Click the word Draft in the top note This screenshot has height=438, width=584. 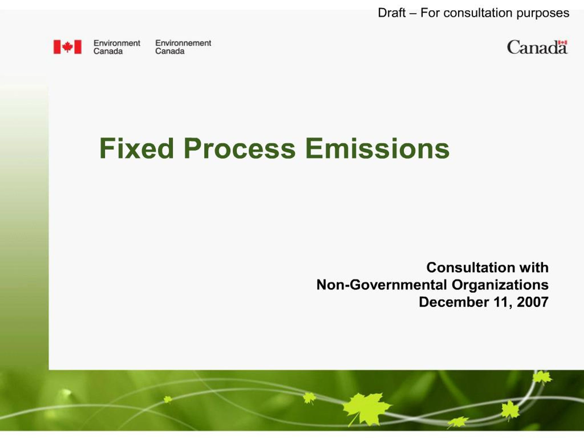391,13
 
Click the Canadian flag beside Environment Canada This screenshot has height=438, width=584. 68,47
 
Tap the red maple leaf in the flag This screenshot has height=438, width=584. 68,47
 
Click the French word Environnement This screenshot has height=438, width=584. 183,43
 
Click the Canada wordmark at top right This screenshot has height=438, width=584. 537,48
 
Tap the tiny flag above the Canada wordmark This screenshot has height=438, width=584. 563,42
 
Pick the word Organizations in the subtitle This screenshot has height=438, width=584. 500,285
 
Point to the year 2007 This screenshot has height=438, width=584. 532,302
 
